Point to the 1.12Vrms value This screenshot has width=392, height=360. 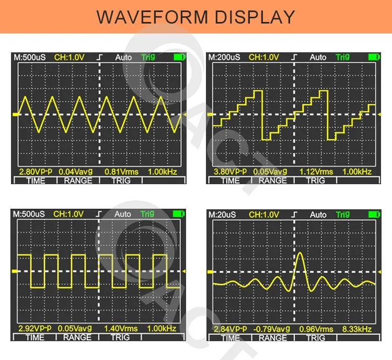click(316, 172)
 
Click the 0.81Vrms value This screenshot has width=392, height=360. click(121, 172)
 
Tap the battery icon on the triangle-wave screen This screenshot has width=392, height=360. click(180, 57)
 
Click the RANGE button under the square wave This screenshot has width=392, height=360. click(77, 337)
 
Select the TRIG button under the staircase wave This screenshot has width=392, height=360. click(315, 181)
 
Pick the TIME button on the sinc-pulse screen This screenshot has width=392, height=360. click(230, 337)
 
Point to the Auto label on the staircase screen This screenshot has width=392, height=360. click(318, 57)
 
